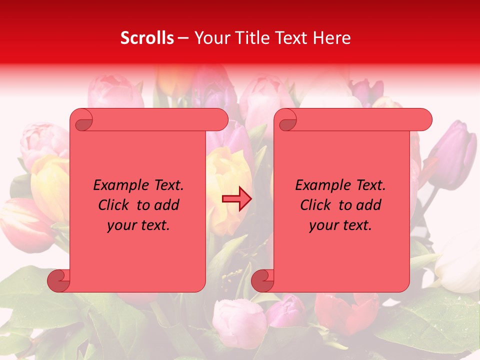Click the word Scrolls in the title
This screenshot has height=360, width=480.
(x=147, y=38)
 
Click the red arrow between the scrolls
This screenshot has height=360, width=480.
(x=236, y=199)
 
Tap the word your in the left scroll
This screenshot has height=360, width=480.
(x=121, y=225)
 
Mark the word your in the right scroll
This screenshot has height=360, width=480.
(x=323, y=225)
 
